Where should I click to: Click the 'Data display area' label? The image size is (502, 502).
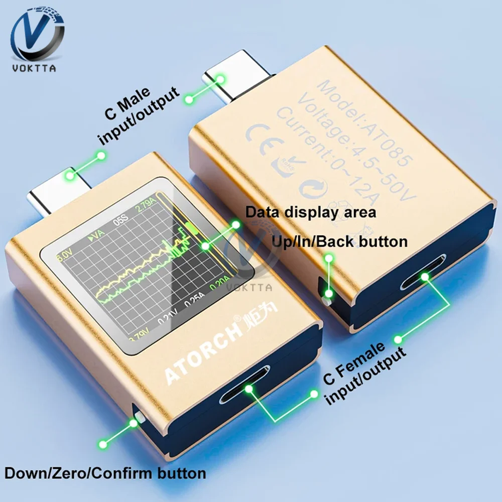pos(310,212)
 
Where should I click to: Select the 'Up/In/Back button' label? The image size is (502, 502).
pos(339,241)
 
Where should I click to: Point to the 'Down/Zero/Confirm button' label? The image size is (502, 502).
pos(105,473)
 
